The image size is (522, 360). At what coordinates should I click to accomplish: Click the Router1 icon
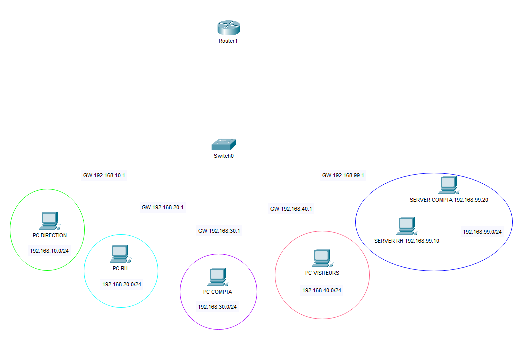229,28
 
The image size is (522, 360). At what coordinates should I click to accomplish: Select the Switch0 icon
223,145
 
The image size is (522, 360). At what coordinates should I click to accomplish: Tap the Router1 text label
228,41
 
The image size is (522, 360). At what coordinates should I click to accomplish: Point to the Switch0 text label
224,156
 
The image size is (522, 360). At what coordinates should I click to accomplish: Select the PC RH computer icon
120,254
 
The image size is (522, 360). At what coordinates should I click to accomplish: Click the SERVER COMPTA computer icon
447,186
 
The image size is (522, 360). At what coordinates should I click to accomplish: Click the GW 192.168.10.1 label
104,176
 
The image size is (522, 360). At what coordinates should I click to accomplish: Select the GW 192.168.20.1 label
163,207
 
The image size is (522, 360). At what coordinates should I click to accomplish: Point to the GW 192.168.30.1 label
219,231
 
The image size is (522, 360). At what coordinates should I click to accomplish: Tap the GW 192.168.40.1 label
291,209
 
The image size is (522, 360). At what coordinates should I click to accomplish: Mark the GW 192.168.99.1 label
343,176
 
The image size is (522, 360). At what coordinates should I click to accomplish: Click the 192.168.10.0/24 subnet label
49,251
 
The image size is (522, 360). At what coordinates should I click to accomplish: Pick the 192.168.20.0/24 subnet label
122,285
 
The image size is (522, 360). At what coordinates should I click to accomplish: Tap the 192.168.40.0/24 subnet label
322,290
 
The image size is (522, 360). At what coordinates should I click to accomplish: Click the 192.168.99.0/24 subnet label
482,232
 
